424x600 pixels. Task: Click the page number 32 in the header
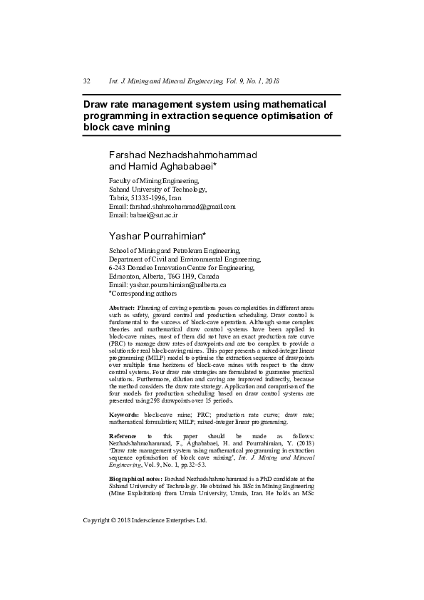[86, 82]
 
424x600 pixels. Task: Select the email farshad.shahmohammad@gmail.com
[182, 206]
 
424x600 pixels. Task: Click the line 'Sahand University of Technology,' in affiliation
[157, 190]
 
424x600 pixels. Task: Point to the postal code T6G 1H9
[181, 276]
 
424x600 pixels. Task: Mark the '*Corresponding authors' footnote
[142, 292]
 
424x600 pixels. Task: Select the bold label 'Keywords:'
[124, 414]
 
